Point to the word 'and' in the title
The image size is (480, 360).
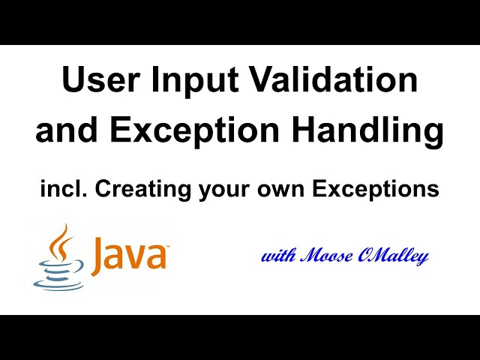coord(65,130)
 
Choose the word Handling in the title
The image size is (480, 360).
coord(372,130)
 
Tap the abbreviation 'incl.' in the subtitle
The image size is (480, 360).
coord(61,190)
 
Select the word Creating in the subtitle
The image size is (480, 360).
coord(139,190)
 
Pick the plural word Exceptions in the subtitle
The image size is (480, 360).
coord(379,190)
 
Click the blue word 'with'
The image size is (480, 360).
coord(277,256)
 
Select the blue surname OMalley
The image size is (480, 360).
coord(397,256)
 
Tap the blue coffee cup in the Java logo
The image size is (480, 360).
coord(56,273)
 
